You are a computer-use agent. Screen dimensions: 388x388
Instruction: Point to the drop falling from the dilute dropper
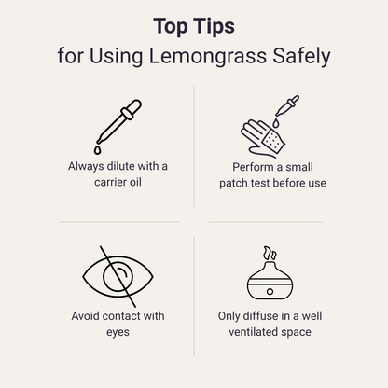click(x=97, y=149)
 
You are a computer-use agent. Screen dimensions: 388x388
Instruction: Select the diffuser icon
click(x=271, y=277)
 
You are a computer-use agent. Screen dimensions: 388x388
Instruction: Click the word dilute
click(x=127, y=166)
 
